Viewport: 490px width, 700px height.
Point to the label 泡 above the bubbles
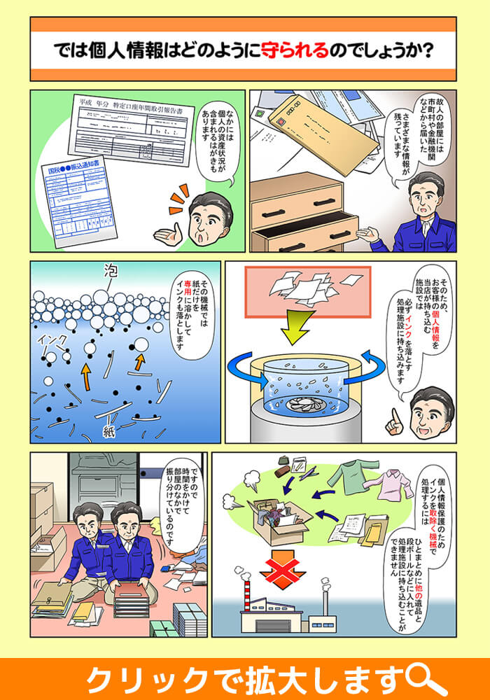tap(110, 269)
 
